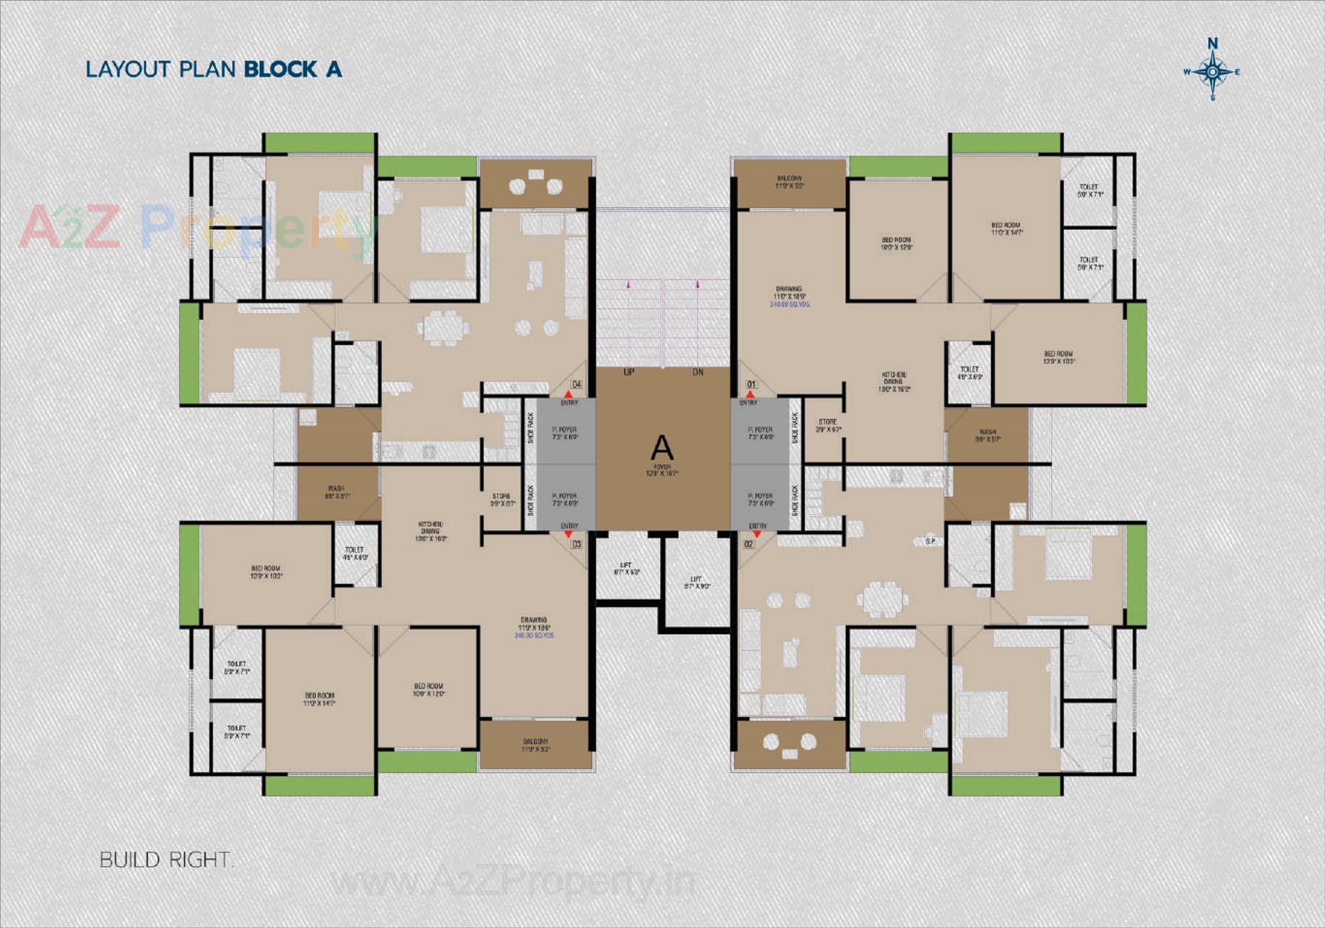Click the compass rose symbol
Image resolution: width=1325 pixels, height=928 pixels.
click(1212, 71)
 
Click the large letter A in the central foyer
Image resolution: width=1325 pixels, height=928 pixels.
click(661, 448)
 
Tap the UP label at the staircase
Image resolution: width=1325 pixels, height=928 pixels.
click(629, 372)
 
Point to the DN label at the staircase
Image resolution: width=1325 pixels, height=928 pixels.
click(698, 372)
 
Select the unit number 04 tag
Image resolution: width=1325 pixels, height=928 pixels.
click(576, 384)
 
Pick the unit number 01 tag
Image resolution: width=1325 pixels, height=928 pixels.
click(752, 384)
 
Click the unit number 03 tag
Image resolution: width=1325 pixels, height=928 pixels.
click(576, 544)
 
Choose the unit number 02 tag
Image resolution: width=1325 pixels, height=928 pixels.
click(749, 544)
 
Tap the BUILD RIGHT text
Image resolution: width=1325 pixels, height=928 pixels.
click(166, 860)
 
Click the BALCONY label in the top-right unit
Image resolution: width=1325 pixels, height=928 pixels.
click(789, 178)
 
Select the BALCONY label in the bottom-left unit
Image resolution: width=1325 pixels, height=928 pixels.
click(535, 742)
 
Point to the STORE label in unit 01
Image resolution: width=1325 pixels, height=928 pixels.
click(827, 422)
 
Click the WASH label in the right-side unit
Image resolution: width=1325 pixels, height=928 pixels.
click(987, 432)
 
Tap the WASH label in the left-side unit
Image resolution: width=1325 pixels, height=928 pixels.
click(336, 488)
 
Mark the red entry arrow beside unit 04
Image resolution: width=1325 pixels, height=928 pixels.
click(568, 394)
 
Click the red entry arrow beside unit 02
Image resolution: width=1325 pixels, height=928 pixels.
click(757, 534)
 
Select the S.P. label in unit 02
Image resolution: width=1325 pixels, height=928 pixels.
click(930, 541)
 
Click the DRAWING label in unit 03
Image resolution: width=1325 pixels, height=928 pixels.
click(534, 620)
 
